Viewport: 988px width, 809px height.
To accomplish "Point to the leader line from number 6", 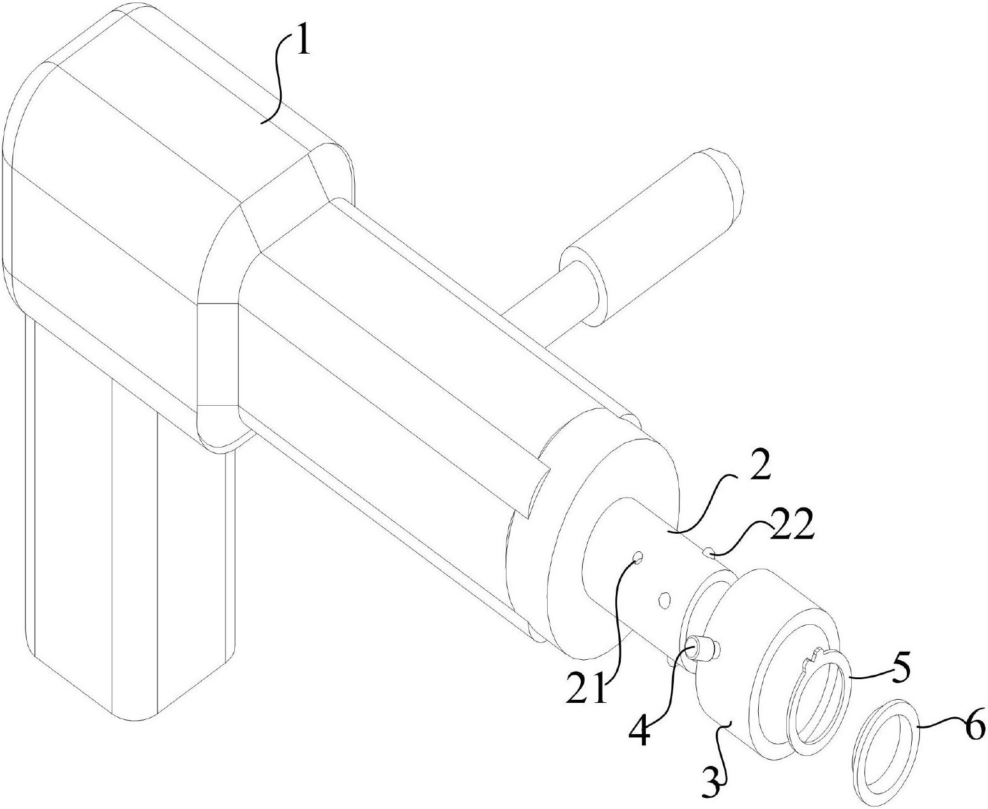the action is [x=943, y=725].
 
